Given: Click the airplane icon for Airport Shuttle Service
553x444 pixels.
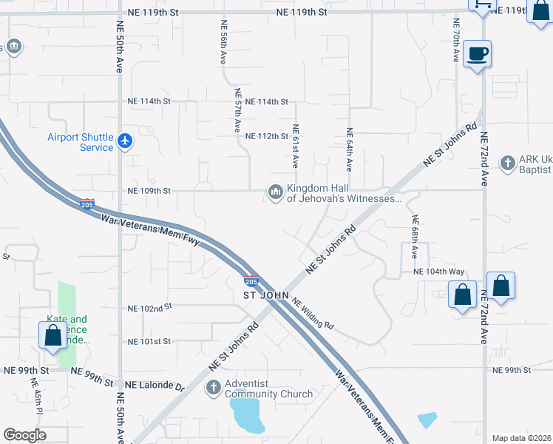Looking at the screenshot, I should (x=125, y=141).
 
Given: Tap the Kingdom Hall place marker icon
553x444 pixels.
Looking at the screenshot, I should (x=276, y=193).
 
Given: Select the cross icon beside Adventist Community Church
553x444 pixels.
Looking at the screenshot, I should (x=214, y=387).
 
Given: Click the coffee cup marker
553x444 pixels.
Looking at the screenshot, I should (x=478, y=54).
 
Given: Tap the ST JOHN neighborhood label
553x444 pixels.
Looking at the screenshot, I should (x=265, y=295).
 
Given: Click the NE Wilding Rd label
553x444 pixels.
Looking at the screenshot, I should (x=313, y=314).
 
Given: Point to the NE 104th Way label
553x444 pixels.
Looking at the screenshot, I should (x=438, y=272).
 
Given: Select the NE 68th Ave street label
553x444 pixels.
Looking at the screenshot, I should (x=415, y=237).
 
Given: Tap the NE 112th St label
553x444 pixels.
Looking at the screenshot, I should (x=266, y=136).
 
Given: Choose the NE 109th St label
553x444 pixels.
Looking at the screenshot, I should (x=149, y=191).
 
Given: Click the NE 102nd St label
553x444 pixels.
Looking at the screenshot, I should (x=149, y=306).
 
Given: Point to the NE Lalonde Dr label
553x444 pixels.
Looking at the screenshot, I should (x=154, y=385).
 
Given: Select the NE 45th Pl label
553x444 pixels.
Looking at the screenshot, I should (x=34, y=396).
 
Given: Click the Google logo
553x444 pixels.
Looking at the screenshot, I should (x=24, y=435).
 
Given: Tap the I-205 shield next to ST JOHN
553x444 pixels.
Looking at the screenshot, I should (x=251, y=281).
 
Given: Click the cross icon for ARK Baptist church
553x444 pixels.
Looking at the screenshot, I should (x=507, y=163).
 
